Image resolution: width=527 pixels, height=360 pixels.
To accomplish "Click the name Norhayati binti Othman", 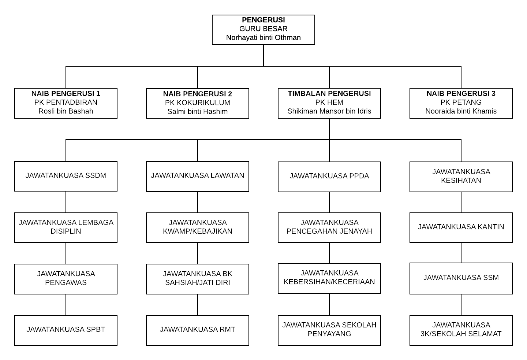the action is (x=263, y=37).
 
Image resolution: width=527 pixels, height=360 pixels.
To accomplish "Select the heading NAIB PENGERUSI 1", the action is (x=66, y=93).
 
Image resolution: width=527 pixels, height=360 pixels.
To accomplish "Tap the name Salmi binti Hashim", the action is (x=197, y=111).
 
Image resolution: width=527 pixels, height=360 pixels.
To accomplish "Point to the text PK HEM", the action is (x=329, y=102).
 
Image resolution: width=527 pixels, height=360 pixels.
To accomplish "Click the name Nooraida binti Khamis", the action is (x=461, y=111).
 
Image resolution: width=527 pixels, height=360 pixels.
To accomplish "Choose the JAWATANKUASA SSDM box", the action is (x=66, y=177).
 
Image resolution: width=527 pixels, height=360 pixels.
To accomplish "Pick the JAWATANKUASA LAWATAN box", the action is (x=198, y=177).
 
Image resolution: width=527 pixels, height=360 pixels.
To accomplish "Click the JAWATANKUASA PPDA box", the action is (x=329, y=177).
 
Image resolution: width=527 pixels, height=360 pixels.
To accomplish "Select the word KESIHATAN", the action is (x=461, y=180).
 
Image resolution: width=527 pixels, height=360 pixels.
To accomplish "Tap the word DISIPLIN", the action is (x=66, y=231).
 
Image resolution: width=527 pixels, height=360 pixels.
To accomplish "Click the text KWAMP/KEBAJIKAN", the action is (x=197, y=231).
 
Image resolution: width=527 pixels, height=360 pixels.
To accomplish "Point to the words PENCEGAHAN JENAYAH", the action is (x=329, y=231).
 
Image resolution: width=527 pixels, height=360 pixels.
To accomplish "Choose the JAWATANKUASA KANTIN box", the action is (x=461, y=228).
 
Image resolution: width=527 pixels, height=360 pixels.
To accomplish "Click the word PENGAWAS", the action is (x=66, y=282).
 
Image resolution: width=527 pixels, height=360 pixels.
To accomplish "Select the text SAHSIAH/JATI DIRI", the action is (x=197, y=282).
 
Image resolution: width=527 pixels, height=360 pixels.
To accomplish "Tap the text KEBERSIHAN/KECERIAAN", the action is (x=329, y=282).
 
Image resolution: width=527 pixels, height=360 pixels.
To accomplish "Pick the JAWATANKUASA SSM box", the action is (x=461, y=279).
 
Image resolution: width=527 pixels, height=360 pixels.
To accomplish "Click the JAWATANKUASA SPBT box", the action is (x=66, y=330).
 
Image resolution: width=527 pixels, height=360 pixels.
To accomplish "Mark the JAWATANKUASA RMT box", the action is (x=198, y=330).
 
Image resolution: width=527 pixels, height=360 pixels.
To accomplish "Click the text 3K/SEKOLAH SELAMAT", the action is (x=461, y=334).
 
